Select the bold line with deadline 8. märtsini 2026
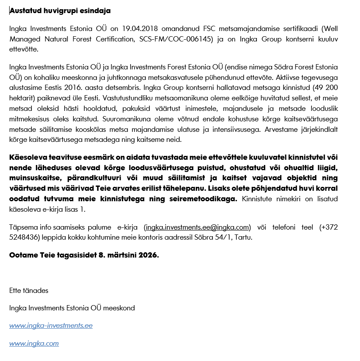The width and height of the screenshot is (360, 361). point(84,255)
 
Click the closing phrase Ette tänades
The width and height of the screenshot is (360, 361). point(29,290)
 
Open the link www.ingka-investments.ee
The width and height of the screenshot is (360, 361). point(51,326)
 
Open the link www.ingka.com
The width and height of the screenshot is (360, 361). point(34,344)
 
